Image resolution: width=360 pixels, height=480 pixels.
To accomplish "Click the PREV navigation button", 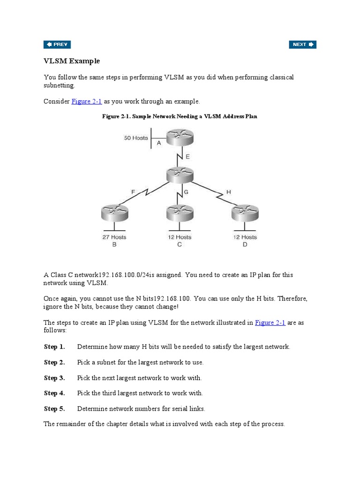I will click(x=57, y=45).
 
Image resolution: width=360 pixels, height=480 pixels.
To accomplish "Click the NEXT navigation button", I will click(x=302, y=45).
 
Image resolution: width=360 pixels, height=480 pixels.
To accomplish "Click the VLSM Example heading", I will click(x=72, y=61).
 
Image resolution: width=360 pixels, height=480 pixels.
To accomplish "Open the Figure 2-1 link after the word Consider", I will click(x=87, y=101).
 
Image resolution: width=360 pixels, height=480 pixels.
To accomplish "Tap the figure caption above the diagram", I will click(x=180, y=116).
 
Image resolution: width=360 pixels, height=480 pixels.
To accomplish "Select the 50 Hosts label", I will click(x=136, y=138).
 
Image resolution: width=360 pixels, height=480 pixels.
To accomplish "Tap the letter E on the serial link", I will click(x=187, y=157).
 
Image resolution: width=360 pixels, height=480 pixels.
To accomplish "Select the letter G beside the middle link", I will click(x=186, y=192).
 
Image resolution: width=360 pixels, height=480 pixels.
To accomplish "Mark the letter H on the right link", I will click(x=229, y=191).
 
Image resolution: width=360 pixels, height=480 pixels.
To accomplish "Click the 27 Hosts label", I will click(x=114, y=237).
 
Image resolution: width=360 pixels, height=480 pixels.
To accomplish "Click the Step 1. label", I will click(x=54, y=347).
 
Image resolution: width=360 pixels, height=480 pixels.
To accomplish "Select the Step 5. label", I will click(x=54, y=409).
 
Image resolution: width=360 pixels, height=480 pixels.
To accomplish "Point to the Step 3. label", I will click(x=54, y=378).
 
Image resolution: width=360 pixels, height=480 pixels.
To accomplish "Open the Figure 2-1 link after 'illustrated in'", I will click(x=270, y=322).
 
